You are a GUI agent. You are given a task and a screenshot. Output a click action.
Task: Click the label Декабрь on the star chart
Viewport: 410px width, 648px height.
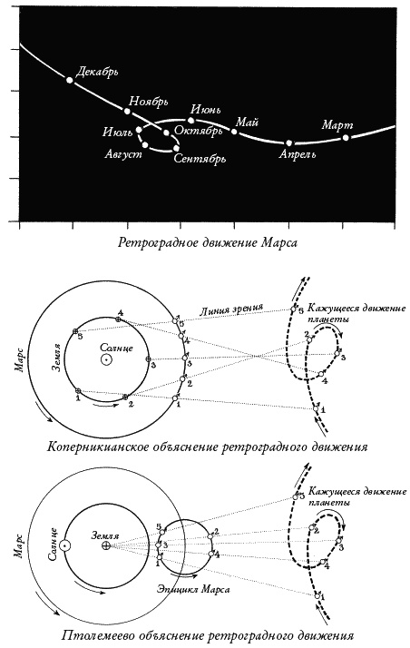tap(98, 71)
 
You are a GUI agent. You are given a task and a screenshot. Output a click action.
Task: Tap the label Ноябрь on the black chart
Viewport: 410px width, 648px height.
tap(151, 101)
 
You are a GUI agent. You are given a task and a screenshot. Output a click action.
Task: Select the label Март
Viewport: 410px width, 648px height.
tap(337, 123)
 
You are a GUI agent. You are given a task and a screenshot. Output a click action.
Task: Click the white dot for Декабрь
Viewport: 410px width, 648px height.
tap(70, 81)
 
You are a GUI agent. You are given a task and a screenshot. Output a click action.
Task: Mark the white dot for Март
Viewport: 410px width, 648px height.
tap(346, 137)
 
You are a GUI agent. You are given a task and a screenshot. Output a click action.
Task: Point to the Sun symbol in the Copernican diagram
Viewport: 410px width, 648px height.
tap(107, 360)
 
